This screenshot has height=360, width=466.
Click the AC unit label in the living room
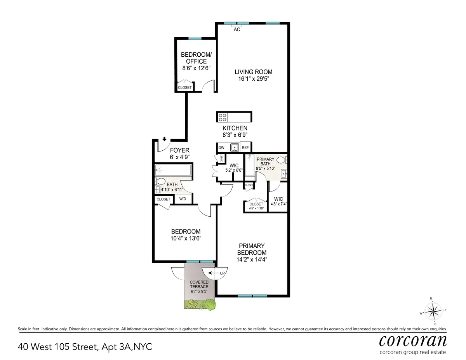(x=237, y=29)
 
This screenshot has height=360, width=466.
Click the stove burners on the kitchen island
(x=223, y=117)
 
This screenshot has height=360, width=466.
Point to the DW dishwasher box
(x=221, y=148)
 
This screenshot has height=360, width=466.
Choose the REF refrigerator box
(x=245, y=148)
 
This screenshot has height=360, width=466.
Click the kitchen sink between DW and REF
(x=234, y=148)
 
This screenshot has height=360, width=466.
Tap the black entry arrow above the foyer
(x=164, y=139)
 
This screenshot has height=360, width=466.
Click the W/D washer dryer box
(x=182, y=199)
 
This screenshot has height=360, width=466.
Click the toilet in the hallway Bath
(x=160, y=181)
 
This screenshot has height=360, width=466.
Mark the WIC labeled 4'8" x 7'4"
(x=278, y=201)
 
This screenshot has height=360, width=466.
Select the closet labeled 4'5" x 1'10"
(x=256, y=206)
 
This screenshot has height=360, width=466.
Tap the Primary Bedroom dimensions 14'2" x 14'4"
(x=252, y=259)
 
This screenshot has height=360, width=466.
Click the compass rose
(x=433, y=311)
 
